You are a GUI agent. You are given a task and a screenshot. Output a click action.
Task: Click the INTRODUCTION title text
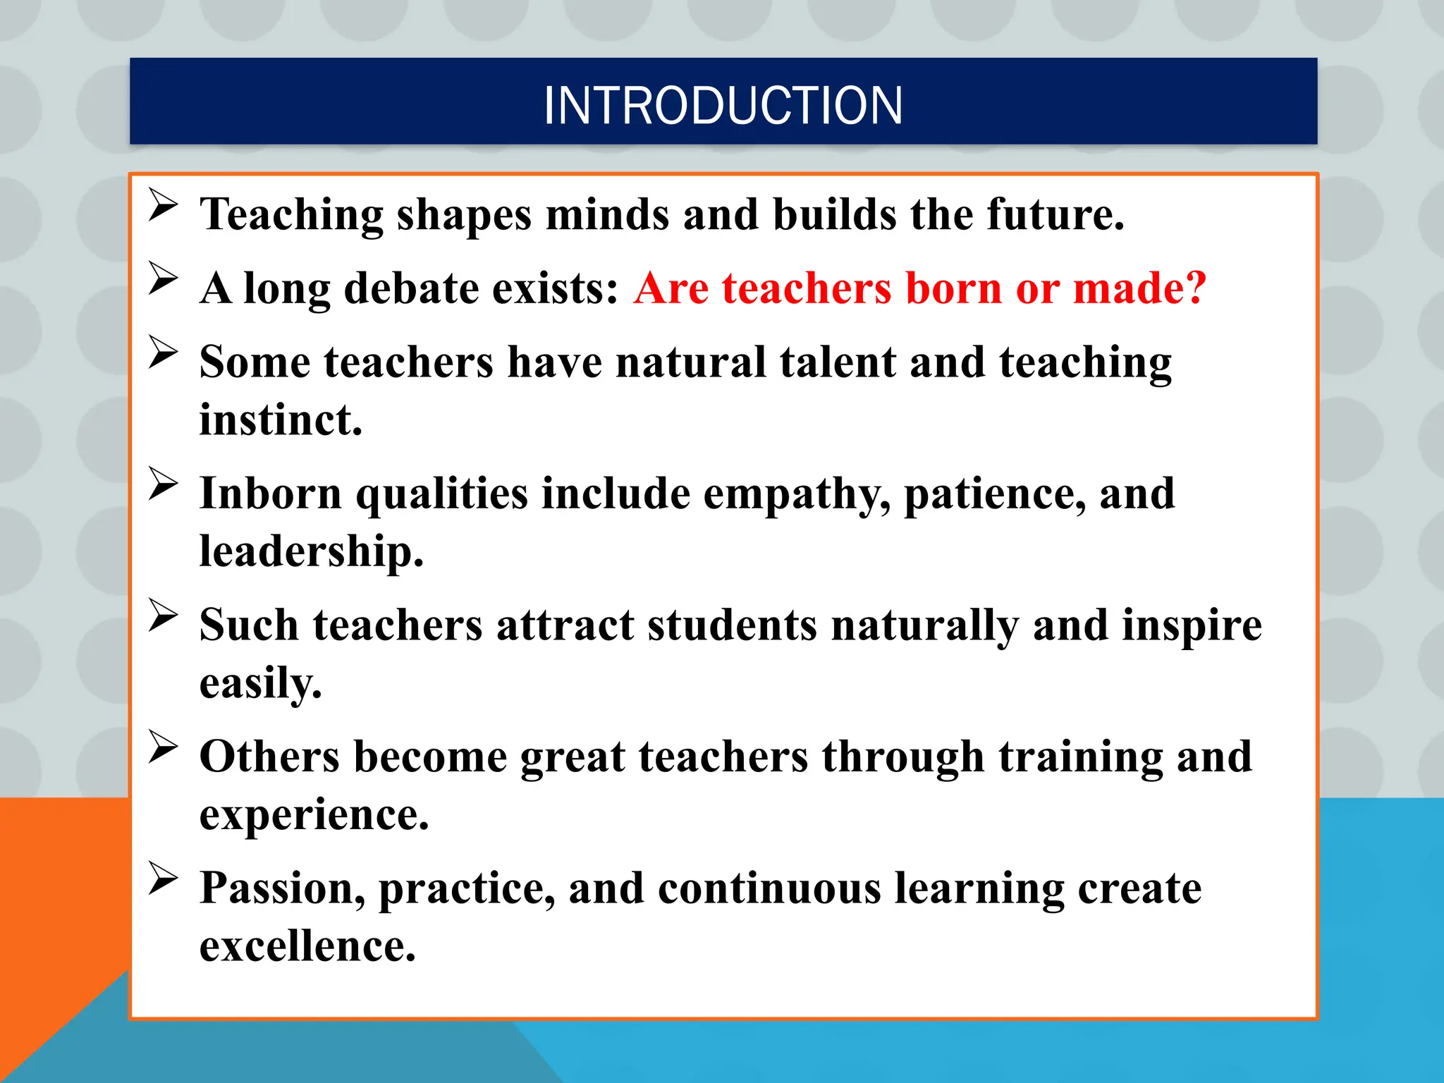pos(723,106)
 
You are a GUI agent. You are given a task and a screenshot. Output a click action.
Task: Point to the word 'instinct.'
pos(281,420)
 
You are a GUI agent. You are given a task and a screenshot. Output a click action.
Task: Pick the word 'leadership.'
pos(311,551)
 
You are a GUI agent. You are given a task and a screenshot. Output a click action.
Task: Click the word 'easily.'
pos(260,683)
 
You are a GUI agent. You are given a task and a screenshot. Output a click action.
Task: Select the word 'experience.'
pos(314,815)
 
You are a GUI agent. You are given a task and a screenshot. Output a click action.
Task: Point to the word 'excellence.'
pos(307,946)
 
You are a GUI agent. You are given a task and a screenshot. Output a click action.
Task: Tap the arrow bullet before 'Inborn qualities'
pos(163,484)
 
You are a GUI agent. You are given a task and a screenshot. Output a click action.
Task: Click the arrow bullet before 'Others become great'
pos(163,747)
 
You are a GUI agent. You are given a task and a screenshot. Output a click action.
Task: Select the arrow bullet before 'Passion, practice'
pos(163,879)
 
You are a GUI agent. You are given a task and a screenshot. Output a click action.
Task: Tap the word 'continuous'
pos(769,888)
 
